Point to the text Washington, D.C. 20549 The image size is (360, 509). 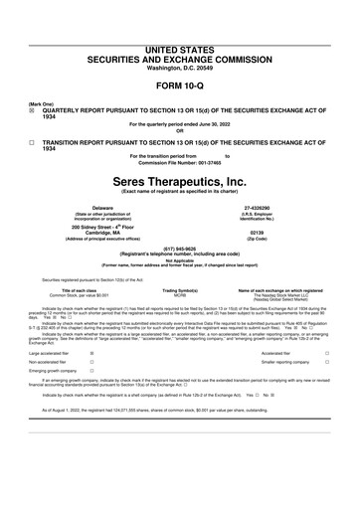[179, 40]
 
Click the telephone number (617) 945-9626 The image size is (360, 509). [179, 249]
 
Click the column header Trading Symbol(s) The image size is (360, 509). [181, 289]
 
